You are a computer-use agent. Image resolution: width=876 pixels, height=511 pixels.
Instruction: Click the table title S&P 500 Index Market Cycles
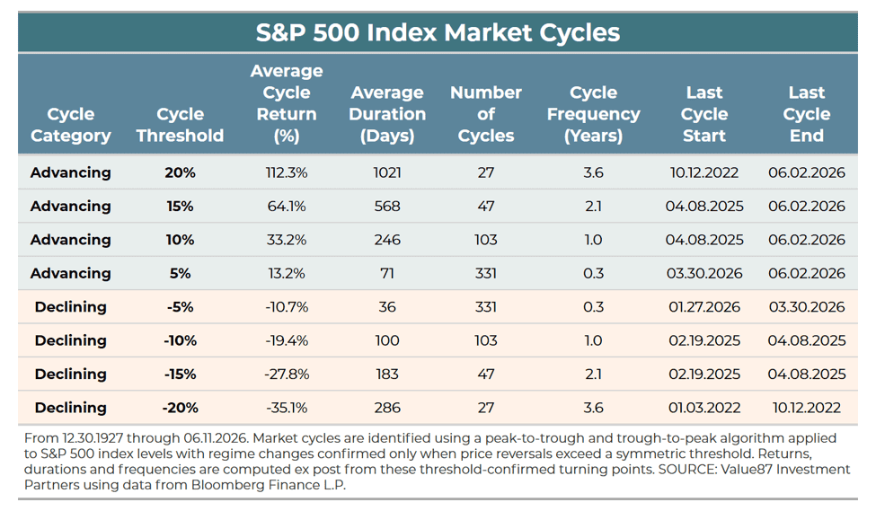click(x=438, y=32)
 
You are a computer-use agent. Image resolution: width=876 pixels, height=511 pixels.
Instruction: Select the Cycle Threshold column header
click(x=180, y=125)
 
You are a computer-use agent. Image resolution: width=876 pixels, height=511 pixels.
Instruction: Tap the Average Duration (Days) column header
click(x=387, y=114)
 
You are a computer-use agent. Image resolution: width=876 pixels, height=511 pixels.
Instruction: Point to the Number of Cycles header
click(x=485, y=114)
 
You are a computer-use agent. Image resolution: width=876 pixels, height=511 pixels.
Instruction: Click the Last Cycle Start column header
click(x=703, y=114)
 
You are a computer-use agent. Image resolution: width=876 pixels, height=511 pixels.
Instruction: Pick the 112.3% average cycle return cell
click(x=287, y=172)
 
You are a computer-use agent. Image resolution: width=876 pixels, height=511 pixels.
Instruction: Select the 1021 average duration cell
click(x=387, y=172)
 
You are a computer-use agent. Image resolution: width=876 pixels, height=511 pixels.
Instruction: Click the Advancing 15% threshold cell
click(x=180, y=206)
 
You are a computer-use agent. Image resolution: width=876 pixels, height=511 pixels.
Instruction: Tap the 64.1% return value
click(x=287, y=206)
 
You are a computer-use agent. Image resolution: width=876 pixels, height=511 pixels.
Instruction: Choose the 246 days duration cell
click(x=387, y=240)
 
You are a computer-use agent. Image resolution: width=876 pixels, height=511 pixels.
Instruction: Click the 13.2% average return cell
click(x=287, y=273)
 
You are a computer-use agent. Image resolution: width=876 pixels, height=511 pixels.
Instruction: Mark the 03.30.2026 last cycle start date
click(x=703, y=273)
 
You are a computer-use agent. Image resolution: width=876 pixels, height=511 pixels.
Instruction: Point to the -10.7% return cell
click(x=287, y=306)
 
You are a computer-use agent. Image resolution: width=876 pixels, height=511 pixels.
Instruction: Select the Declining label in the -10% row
click(x=70, y=340)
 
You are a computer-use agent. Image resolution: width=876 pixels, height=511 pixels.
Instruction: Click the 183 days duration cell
click(x=387, y=374)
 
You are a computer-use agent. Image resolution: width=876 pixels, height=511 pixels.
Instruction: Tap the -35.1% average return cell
click(x=287, y=407)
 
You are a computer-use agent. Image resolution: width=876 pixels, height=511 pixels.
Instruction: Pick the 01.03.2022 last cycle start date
click(x=703, y=407)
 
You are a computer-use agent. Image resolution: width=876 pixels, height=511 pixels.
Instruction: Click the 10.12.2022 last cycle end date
click(x=806, y=407)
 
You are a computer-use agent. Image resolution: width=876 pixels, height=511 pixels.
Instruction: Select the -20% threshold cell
click(x=180, y=407)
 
